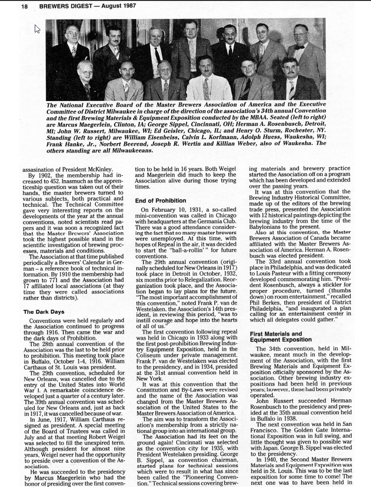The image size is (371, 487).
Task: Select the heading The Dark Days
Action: [x=45, y=311]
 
